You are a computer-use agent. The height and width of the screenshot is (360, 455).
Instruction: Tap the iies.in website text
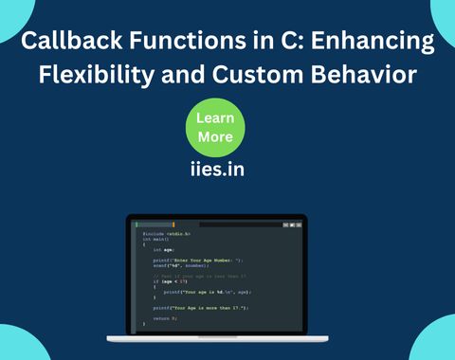215,173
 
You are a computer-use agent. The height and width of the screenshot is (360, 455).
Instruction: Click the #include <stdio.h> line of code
166,233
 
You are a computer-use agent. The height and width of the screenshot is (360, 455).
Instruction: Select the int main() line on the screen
155,239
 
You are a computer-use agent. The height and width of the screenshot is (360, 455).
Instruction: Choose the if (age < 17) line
170,281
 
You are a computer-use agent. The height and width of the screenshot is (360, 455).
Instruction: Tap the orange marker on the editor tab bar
173,225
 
